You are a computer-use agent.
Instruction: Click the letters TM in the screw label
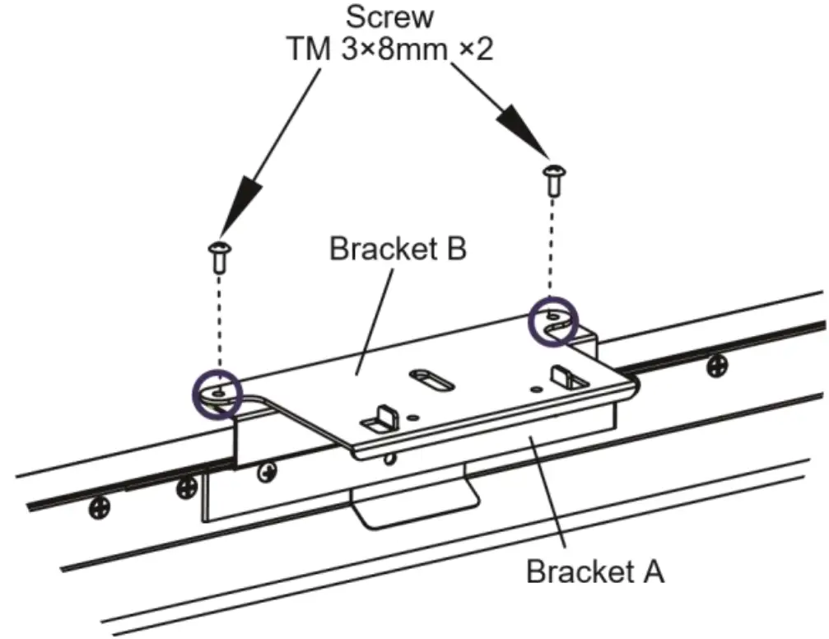[x=305, y=49]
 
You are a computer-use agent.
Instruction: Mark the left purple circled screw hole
[x=216, y=393]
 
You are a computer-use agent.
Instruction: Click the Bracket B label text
[x=398, y=248]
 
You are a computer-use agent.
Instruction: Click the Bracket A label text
[x=594, y=571]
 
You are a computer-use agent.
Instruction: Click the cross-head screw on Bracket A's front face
[x=266, y=471]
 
